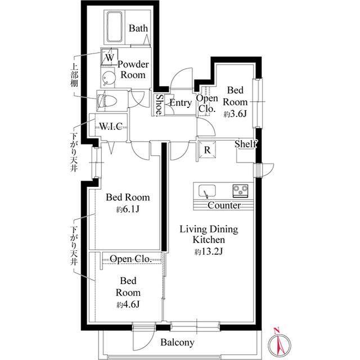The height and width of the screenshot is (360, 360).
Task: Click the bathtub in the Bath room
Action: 114,27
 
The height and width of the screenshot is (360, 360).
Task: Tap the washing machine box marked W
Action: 110,57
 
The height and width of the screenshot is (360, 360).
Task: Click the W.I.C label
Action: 111,126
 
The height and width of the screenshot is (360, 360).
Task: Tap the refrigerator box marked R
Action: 208,150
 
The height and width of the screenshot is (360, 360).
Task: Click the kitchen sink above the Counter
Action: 207,191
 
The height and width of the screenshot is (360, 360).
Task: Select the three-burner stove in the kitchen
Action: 240,191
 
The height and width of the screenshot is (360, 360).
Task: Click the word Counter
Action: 224,205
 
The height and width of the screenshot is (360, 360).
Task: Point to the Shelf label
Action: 245,144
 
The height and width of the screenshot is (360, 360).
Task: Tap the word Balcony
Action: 177,343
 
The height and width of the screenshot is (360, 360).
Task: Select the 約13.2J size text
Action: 209,252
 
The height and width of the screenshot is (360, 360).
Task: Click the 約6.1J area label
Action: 128,209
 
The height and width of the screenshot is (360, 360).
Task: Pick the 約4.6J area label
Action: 128,304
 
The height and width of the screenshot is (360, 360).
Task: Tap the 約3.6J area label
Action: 235,114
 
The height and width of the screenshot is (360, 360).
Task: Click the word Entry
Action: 181,103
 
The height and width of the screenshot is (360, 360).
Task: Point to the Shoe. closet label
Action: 159,105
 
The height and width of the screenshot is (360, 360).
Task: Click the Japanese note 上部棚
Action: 74,75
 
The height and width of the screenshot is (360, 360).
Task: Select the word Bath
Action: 138,28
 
